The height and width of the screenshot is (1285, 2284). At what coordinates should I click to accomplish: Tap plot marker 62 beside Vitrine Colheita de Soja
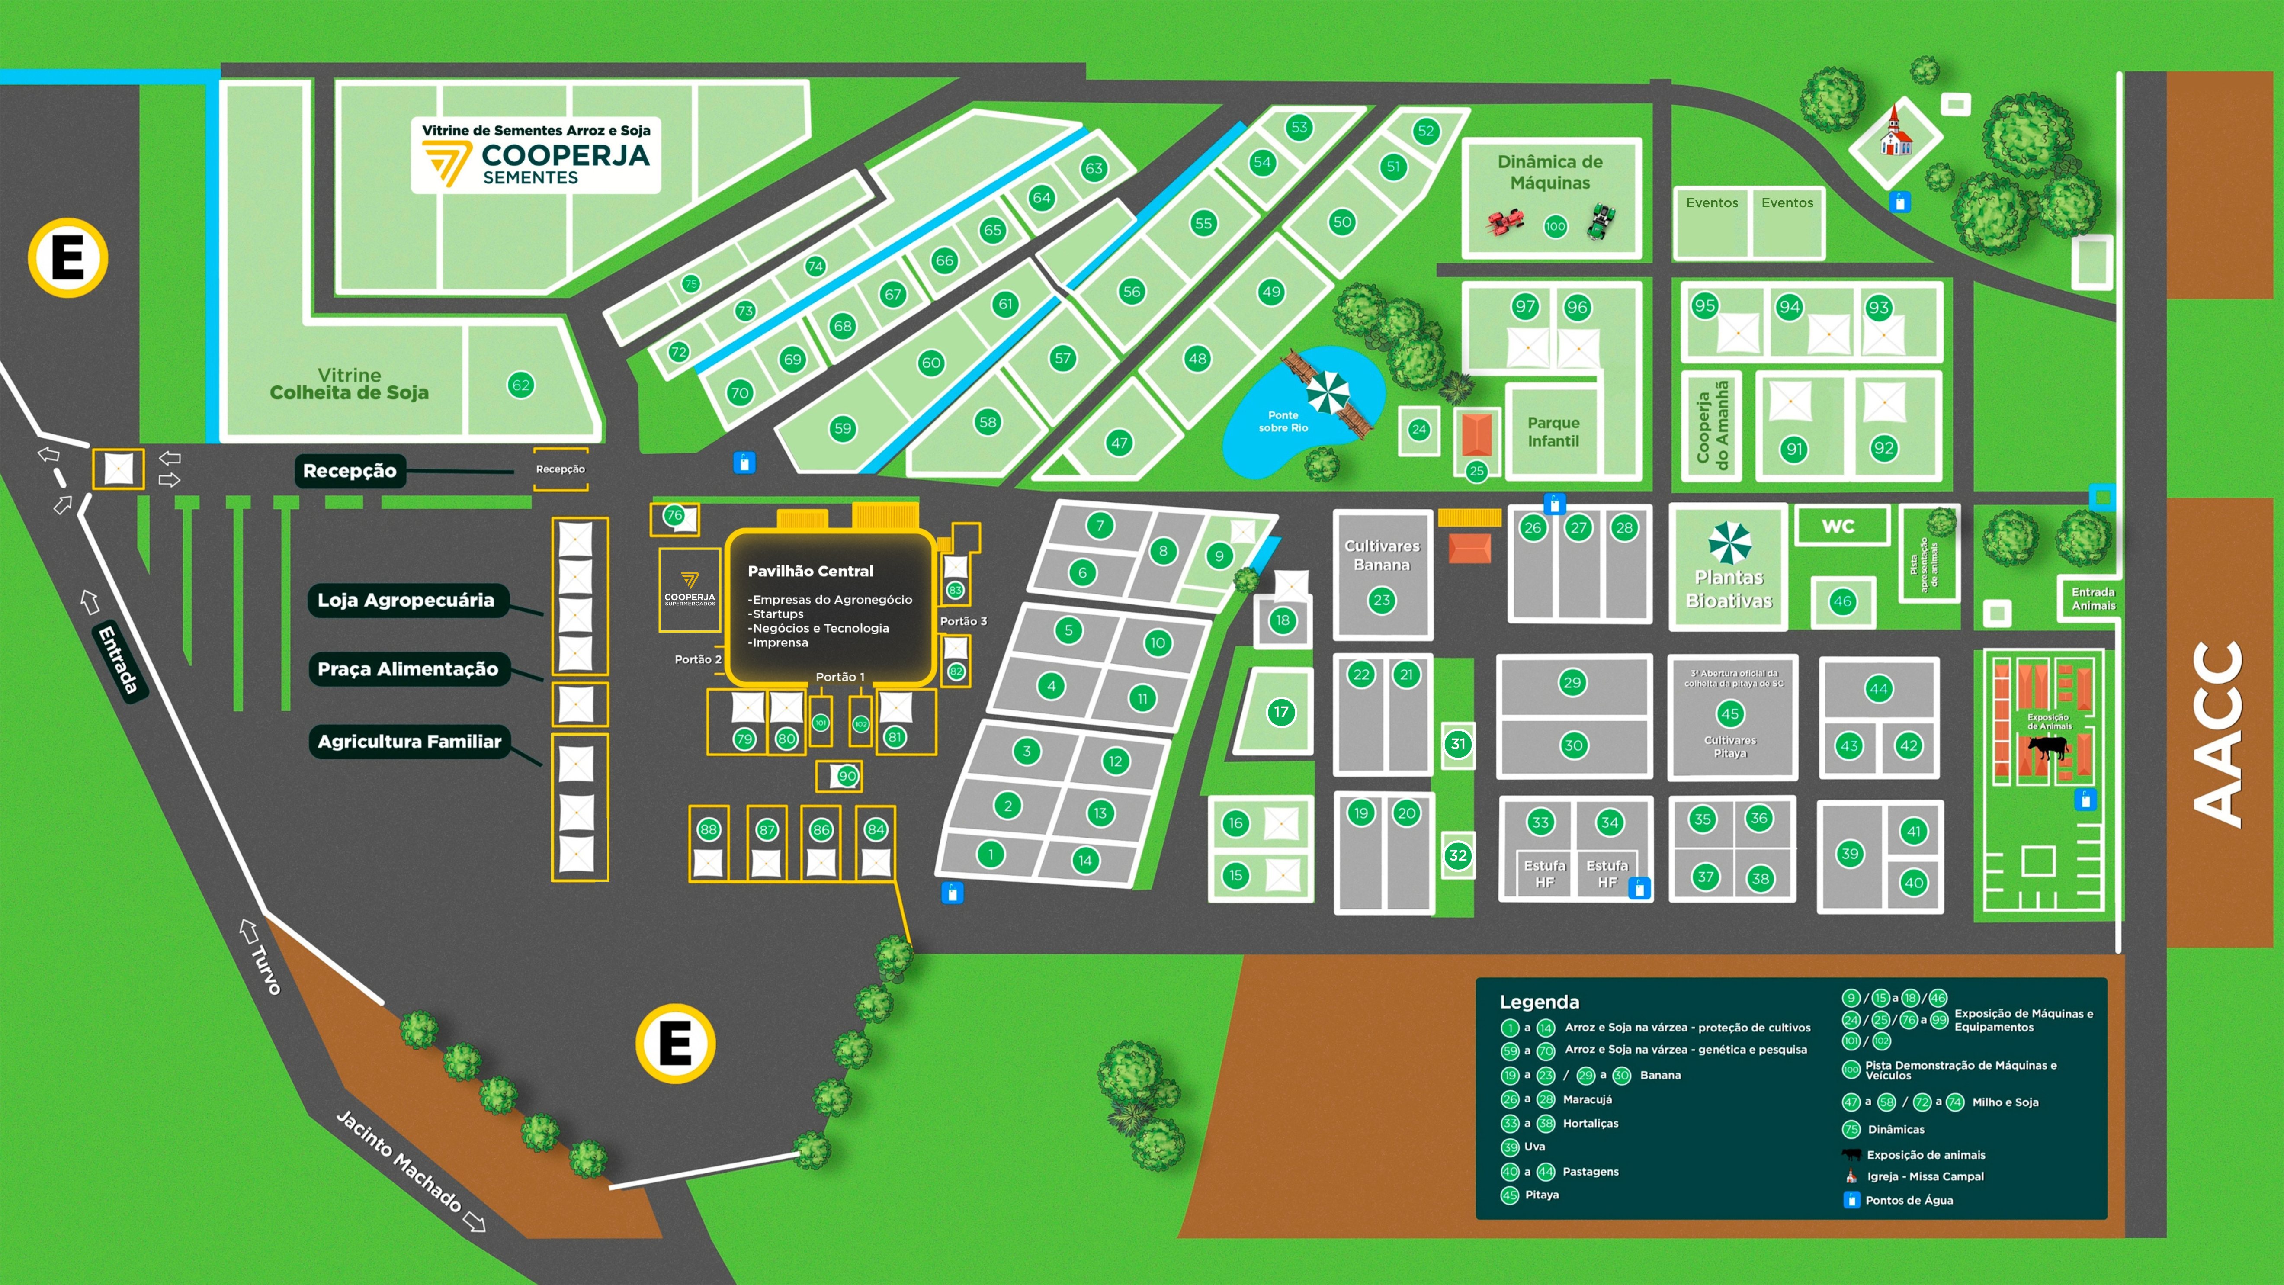[x=520, y=385]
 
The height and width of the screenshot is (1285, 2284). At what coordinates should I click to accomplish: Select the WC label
[x=1838, y=526]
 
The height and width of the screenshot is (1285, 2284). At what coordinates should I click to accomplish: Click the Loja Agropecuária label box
[x=406, y=601]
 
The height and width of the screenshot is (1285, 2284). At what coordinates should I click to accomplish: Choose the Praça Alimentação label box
[x=408, y=668]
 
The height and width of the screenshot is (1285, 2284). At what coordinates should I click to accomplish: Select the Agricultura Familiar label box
[x=410, y=742]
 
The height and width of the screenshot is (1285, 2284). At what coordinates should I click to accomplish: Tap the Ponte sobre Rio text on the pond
[x=1283, y=421]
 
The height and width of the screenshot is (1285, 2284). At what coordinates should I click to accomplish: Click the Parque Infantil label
[x=1553, y=432]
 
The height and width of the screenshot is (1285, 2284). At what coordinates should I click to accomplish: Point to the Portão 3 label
[x=963, y=621]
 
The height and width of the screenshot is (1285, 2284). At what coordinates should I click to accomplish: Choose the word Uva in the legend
[x=1534, y=1147]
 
